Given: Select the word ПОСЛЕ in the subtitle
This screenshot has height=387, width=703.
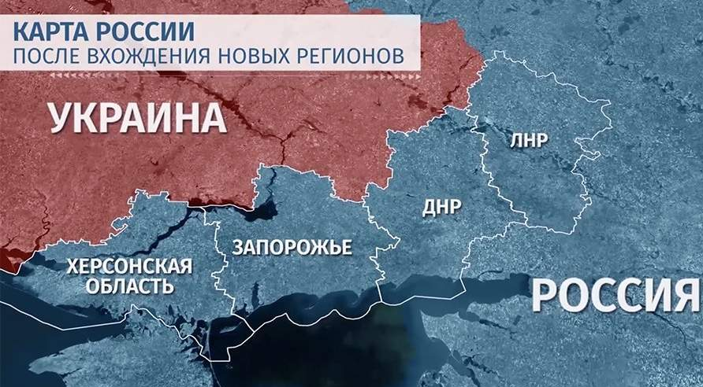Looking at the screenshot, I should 47,57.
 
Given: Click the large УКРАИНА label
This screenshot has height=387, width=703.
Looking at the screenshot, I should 136,118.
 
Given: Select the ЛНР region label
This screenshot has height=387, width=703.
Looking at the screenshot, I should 530,140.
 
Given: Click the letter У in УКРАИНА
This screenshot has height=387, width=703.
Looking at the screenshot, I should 64,118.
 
